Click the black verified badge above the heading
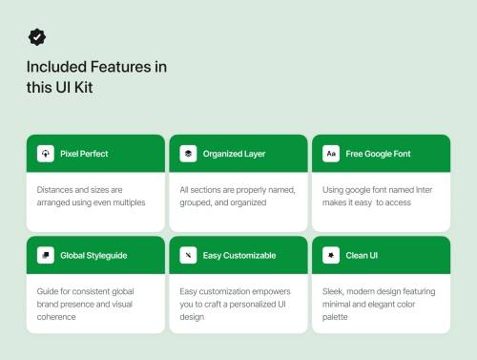[36, 36]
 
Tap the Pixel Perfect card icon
[45, 153]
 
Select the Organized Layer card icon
[188, 153]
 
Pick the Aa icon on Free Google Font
[331, 153]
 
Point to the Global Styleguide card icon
[45, 255]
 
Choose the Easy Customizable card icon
[188, 255]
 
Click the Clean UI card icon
[331, 255]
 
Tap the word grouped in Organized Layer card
[197, 202]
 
